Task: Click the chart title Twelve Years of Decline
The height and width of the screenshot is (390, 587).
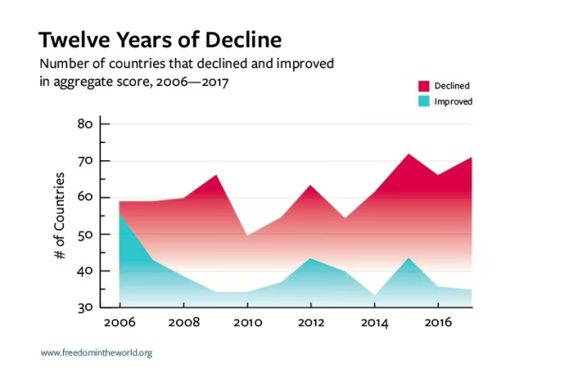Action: click(x=160, y=40)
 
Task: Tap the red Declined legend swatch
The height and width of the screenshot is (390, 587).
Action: click(x=424, y=85)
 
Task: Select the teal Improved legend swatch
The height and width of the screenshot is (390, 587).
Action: click(x=424, y=101)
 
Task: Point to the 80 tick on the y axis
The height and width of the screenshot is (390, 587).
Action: click(x=84, y=124)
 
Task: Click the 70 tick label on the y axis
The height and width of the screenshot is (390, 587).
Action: click(x=84, y=161)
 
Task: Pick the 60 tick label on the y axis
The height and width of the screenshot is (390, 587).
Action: click(x=84, y=198)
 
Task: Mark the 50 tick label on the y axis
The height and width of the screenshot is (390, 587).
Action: click(x=84, y=234)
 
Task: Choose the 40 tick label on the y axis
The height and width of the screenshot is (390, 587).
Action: click(x=84, y=271)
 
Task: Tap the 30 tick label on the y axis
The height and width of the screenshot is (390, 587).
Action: click(x=84, y=307)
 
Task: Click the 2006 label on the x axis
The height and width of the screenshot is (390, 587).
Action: click(x=119, y=324)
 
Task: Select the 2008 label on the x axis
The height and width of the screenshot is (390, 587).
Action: click(x=183, y=324)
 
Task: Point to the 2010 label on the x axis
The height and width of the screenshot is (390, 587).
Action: click(x=247, y=324)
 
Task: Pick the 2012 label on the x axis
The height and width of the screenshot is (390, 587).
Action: click(x=311, y=324)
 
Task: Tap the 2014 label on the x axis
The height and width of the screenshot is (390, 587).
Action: click(x=374, y=324)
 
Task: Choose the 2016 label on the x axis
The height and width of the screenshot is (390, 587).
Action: click(x=438, y=324)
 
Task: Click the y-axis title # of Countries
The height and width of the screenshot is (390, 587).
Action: click(x=60, y=216)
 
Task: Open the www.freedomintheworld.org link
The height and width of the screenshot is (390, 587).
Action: click(x=96, y=353)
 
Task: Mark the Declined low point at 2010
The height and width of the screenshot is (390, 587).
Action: click(x=248, y=235)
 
